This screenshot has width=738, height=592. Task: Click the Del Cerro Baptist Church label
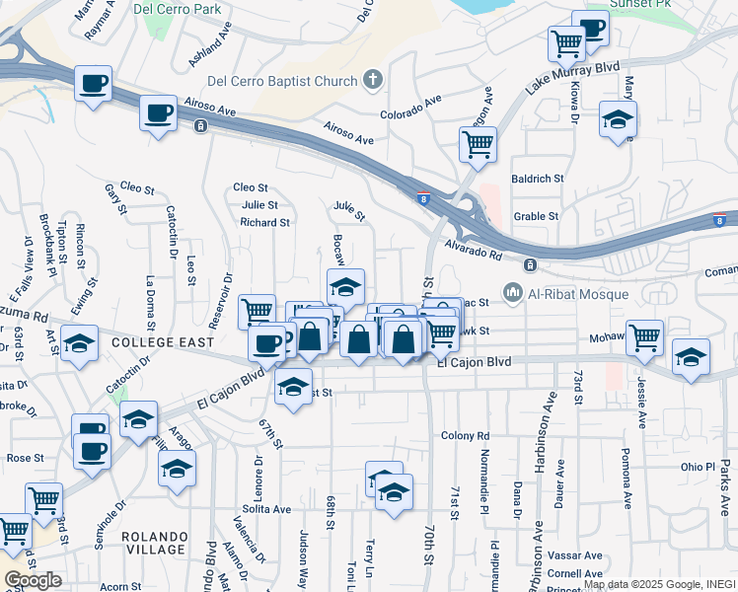tap(284, 81)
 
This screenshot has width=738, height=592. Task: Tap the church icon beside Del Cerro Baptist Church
tap(373, 79)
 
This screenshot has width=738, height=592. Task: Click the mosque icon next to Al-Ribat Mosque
tap(512, 292)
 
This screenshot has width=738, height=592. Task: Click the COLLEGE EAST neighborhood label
tap(163, 341)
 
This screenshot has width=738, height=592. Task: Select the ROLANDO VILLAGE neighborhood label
tap(154, 542)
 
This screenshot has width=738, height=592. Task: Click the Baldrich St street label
tap(537, 180)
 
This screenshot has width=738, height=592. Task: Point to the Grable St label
tap(537, 216)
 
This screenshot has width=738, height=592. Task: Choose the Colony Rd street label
tap(466, 436)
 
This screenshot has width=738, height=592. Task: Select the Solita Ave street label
tap(268, 509)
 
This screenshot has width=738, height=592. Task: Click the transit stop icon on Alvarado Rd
tap(530, 265)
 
